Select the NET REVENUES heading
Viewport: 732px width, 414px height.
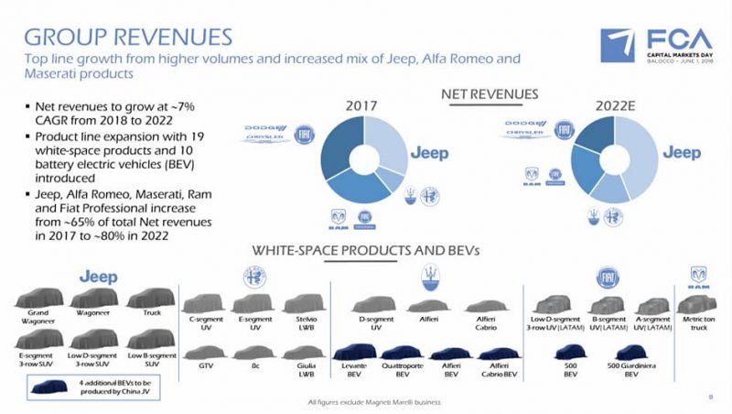(490, 94)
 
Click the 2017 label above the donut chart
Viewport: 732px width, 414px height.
(361, 107)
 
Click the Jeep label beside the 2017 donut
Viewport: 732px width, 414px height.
(429, 153)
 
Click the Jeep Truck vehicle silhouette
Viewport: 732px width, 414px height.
(145, 300)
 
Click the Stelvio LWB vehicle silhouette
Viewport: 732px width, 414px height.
(300, 304)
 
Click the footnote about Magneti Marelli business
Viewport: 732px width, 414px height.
(375, 401)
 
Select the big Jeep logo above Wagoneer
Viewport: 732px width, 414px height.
(98, 276)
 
